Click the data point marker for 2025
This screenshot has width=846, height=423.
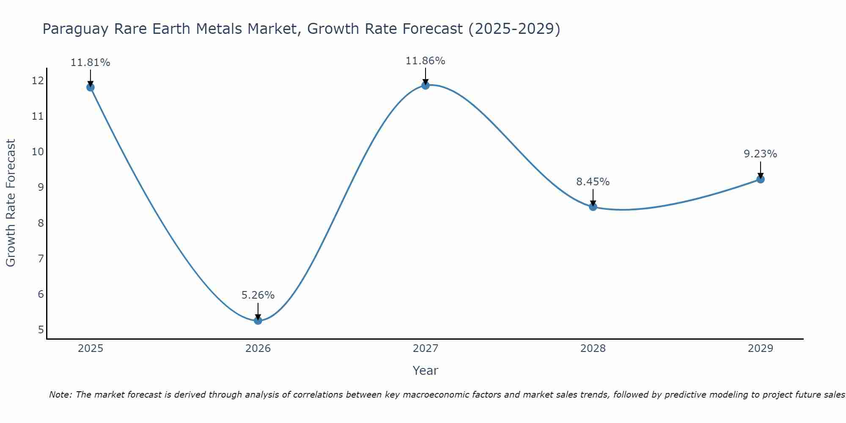pos(90,87)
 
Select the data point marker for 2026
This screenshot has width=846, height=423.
pos(258,321)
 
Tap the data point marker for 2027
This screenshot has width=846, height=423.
pos(426,85)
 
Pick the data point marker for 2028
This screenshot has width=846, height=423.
pos(593,207)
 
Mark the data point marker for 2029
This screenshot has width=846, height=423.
pos(761,179)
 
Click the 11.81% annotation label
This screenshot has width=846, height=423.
pos(90,63)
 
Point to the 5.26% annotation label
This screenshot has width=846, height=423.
pos(258,295)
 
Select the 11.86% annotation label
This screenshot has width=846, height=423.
pos(426,61)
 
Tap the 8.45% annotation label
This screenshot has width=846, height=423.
pos(593,182)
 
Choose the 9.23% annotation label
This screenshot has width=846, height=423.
pos(761,154)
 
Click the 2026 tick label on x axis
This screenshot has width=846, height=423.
pos(258,349)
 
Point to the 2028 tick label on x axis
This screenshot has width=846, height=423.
pos(593,349)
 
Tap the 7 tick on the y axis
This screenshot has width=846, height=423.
pos(41,258)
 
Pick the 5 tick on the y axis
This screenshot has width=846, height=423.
pos(41,330)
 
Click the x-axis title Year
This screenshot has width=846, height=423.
pos(426,371)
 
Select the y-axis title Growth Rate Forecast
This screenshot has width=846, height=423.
pos(11,203)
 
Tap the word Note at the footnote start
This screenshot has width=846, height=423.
pos(60,395)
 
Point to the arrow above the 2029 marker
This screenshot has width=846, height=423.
pos(761,170)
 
